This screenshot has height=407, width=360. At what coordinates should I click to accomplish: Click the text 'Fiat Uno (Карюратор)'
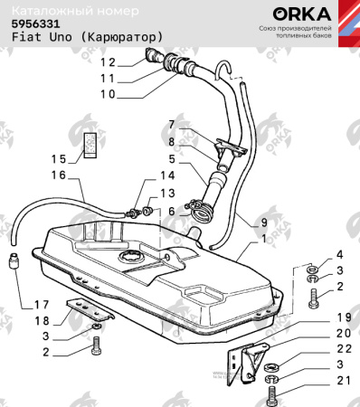click(x=87, y=39)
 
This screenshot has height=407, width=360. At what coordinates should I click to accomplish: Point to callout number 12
click(x=109, y=62)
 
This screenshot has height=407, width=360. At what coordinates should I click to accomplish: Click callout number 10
click(x=109, y=94)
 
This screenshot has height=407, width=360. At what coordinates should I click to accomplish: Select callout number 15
click(x=60, y=157)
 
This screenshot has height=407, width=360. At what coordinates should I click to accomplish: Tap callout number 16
click(x=60, y=175)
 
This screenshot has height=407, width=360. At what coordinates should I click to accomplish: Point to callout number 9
click(x=263, y=222)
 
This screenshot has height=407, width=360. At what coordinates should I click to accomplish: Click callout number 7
click(x=170, y=124)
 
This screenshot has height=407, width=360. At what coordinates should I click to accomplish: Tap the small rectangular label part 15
click(x=90, y=145)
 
